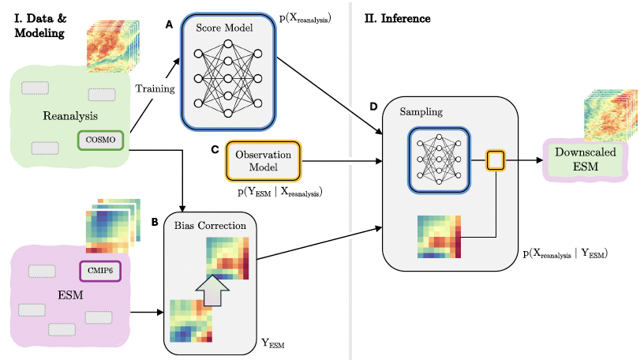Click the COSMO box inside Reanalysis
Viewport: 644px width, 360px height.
[100, 141]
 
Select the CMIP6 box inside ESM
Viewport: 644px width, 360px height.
[100, 271]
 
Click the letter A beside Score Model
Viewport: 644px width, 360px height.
[167, 25]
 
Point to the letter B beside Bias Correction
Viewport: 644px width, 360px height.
[154, 222]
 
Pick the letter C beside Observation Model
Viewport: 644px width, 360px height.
[215, 149]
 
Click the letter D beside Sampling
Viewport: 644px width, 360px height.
[373, 105]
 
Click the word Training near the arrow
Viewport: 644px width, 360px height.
[155, 88]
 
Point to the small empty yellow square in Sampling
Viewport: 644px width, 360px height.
[496, 161]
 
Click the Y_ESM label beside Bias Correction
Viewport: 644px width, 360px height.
[272, 343]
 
